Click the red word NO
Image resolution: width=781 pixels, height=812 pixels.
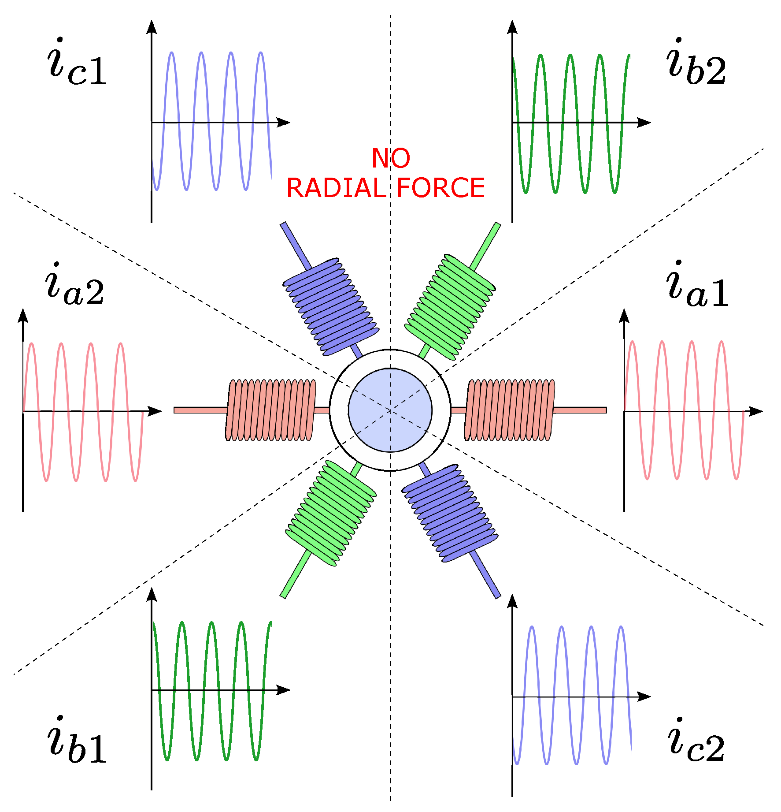click(391, 158)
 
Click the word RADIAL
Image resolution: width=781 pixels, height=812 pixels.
click(336, 188)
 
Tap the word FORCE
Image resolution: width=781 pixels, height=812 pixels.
click(440, 188)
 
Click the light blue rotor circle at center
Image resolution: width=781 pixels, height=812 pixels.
click(390, 410)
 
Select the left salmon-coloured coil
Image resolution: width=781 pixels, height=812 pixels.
click(271, 410)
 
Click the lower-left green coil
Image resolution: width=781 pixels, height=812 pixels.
click(331, 513)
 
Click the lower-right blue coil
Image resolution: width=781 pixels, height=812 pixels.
click(450, 513)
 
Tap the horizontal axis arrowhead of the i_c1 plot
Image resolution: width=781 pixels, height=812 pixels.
click(284, 123)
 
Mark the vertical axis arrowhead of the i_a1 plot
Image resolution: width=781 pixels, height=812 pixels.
click(624, 315)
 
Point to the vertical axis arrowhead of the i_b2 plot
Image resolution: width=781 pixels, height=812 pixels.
click(512, 26)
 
